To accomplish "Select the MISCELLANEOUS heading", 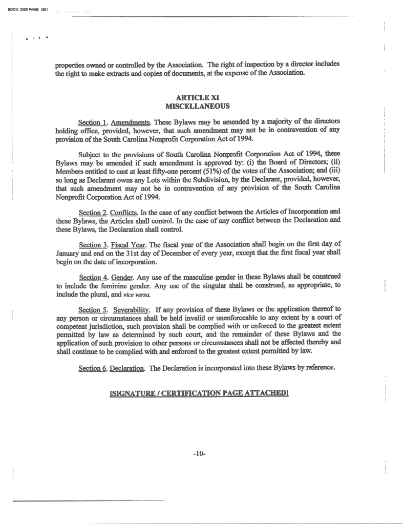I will click(x=197, y=106).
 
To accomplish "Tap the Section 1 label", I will click(x=89, y=122).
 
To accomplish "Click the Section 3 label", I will click(x=89, y=244).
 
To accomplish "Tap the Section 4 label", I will click(x=89, y=277).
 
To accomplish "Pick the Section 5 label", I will click(x=89, y=309).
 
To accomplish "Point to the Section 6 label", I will click(x=89, y=368).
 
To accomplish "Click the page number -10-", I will click(x=199, y=453).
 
